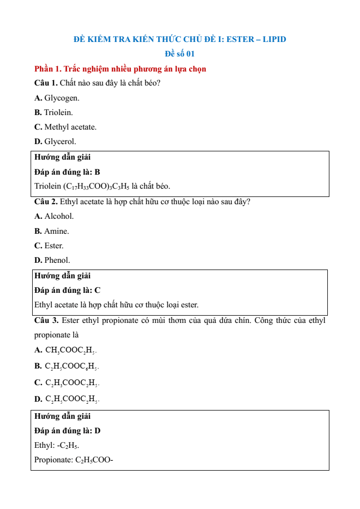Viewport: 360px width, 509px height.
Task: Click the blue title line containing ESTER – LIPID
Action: (x=179, y=39)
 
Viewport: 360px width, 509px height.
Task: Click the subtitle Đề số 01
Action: (x=179, y=53)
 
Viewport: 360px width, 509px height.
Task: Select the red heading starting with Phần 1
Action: (x=120, y=68)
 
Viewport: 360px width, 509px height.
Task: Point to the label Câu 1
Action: (x=46, y=83)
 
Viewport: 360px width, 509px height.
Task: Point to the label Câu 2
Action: (x=46, y=202)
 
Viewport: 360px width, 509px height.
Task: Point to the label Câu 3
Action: (x=46, y=320)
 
